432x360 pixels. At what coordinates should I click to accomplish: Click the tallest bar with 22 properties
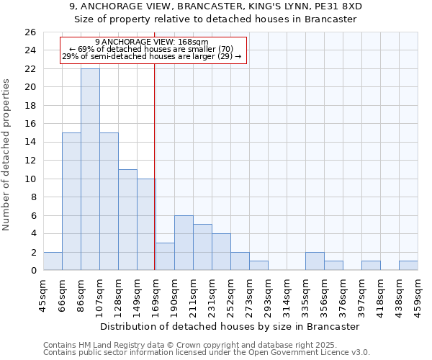coord(90,169)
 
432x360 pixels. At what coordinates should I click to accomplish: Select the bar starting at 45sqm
coord(53,261)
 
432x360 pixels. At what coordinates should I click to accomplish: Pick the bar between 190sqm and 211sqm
coord(184,243)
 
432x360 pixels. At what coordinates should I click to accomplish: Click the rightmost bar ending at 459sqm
coord(408,266)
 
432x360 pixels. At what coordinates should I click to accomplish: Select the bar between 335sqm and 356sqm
coord(315,261)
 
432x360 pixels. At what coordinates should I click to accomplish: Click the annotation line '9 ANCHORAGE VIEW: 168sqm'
coord(151,42)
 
